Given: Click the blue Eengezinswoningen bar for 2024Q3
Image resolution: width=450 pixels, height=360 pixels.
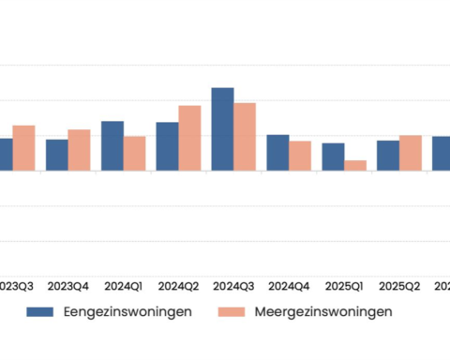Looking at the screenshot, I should (x=222, y=129).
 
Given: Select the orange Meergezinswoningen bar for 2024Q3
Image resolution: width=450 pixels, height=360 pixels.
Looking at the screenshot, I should (x=245, y=137).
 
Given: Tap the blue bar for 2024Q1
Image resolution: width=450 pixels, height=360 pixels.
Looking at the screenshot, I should (x=112, y=146).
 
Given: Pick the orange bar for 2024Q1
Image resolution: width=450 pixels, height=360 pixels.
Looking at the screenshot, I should (x=135, y=154).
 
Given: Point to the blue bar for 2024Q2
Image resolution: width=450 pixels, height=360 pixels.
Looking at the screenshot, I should (x=167, y=146).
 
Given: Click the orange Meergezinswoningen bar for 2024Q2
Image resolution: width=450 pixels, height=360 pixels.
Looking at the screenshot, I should (x=189, y=138).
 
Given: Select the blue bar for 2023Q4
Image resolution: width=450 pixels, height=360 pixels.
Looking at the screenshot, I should (x=57, y=155).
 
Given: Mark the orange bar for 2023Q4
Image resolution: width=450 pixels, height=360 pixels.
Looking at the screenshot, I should (x=80, y=150).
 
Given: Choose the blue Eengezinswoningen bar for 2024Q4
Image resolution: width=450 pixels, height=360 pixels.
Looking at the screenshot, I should (x=277, y=153).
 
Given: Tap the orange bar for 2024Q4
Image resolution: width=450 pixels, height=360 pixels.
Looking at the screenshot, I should (x=300, y=156).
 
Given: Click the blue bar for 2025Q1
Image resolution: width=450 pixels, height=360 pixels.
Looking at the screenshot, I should (x=333, y=157).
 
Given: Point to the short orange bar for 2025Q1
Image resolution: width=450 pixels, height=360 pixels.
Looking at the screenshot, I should (x=355, y=166).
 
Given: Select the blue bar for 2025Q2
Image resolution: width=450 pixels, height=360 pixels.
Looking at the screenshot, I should (x=388, y=156).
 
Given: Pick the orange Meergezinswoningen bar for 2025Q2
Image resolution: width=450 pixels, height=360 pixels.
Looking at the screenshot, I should (x=411, y=153).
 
